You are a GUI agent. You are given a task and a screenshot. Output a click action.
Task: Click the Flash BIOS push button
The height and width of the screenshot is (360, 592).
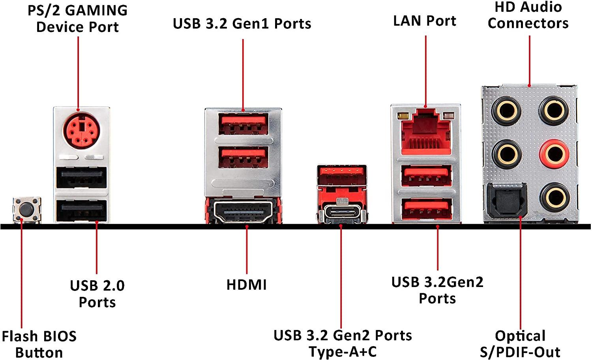[27, 209]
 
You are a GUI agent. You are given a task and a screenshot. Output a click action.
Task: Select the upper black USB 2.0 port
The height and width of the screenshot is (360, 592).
[82, 178]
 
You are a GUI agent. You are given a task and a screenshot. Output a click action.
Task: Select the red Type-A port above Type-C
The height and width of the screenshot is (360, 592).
[341, 174]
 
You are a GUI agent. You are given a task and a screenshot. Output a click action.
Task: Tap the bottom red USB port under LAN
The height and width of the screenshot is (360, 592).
[427, 209]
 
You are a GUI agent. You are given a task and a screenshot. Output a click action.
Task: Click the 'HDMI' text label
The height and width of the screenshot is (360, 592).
[247, 285]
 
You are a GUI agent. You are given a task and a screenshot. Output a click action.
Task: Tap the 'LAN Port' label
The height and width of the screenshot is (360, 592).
[425, 21]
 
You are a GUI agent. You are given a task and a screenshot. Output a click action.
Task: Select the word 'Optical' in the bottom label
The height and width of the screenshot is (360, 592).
[520, 336]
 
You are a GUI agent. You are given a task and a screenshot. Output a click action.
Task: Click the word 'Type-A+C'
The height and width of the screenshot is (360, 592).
[343, 351]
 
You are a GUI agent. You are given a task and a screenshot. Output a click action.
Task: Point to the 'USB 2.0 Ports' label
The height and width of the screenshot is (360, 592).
[97, 294]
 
